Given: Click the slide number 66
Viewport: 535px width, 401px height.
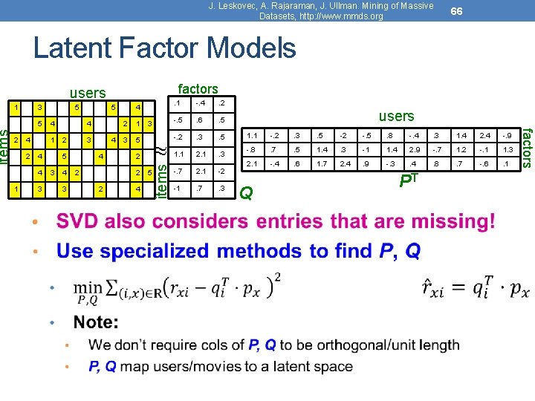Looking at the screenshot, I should click(x=457, y=11).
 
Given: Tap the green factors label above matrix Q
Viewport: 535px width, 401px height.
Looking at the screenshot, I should click(x=198, y=89).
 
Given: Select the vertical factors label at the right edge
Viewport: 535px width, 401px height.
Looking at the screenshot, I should click(x=526, y=147).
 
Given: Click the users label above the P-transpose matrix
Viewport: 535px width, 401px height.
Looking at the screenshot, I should click(x=396, y=116).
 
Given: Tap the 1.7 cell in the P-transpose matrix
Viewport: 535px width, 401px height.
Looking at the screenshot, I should click(x=320, y=163).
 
